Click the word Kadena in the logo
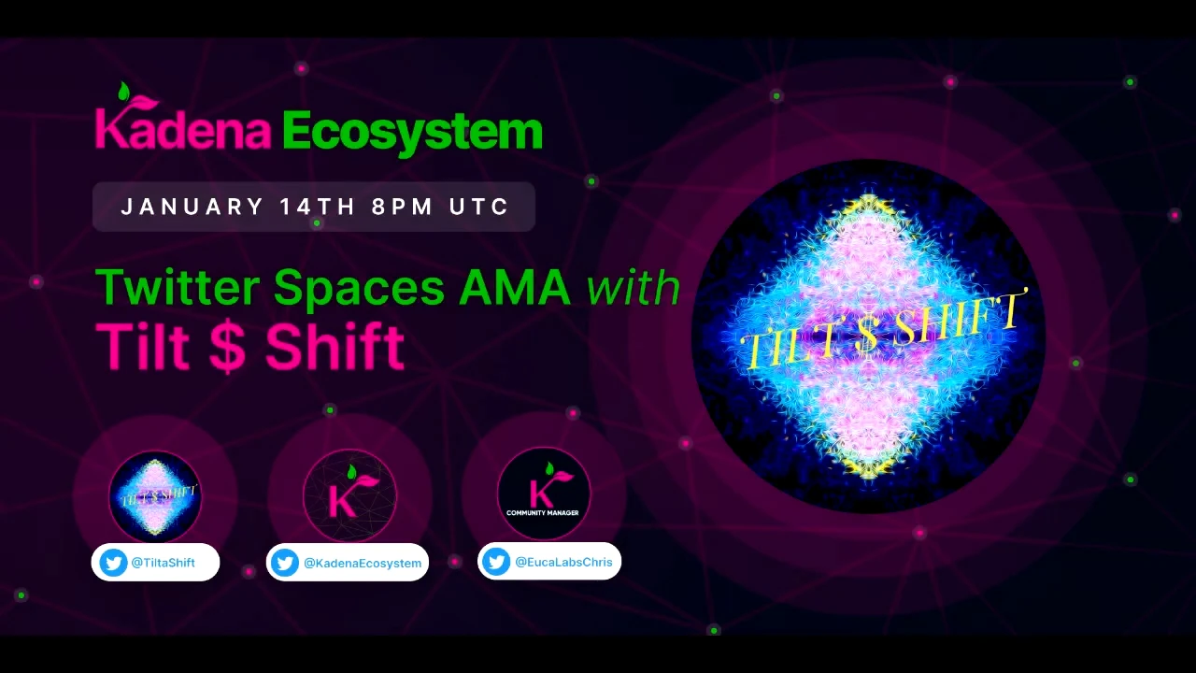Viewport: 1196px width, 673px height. pyautogui.click(x=183, y=128)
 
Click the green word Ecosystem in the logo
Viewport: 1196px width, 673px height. pyautogui.click(x=412, y=134)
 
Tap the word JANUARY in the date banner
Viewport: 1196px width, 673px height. pyautogui.click(x=192, y=207)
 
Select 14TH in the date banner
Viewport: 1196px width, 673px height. pyautogui.click(x=317, y=207)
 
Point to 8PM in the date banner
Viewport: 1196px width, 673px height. pyautogui.click(x=402, y=207)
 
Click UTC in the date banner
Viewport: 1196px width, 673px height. pyautogui.click(x=478, y=207)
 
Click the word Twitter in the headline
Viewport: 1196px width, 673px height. pyautogui.click(x=178, y=287)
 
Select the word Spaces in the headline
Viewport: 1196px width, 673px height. pyautogui.click(x=359, y=290)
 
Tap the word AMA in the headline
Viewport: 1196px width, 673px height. pyautogui.click(x=515, y=287)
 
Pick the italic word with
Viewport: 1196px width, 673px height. pyautogui.click(x=634, y=287)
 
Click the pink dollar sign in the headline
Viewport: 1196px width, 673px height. pyautogui.click(x=227, y=346)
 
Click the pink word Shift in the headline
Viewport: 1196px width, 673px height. pyautogui.click(x=335, y=346)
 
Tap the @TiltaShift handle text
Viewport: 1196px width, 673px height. pyautogui.click(x=163, y=563)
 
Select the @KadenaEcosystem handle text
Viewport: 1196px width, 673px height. pyautogui.click(x=363, y=563)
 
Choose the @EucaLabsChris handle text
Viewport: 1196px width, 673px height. pyautogui.click(x=563, y=562)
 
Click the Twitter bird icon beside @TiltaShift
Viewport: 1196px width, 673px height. pyautogui.click(x=113, y=563)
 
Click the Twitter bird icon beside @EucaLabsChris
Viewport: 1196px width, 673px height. pyautogui.click(x=496, y=562)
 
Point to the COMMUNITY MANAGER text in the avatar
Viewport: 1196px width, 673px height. pyautogui.click(x=543, y=513)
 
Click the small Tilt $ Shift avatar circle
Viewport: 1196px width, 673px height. pyautogui.click(x=155, y=496)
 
